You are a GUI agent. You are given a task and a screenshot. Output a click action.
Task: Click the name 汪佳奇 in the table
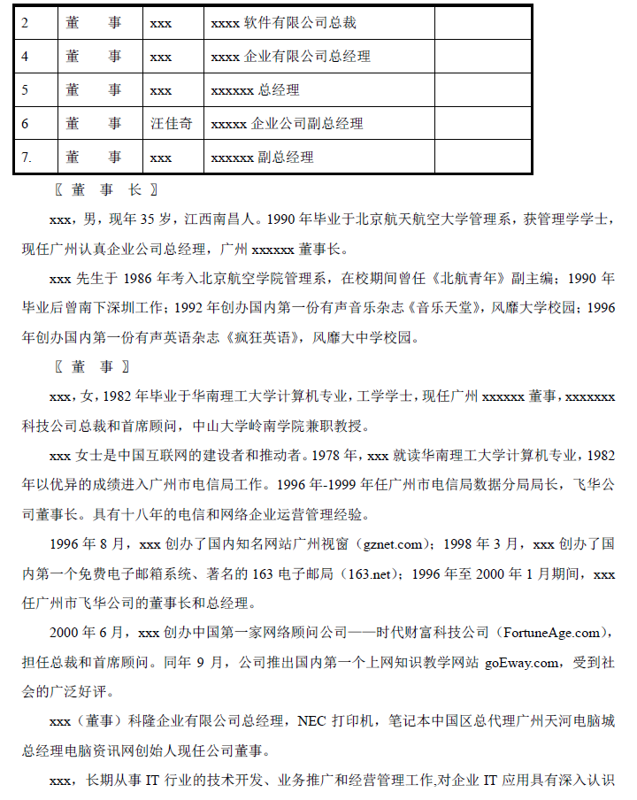coord(172,124)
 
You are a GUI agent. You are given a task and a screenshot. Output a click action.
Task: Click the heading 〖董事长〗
coord(105,189)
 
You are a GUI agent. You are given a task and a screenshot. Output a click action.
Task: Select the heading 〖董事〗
coord(92,366)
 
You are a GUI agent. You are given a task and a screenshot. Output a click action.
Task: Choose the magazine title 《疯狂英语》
coord(264,336)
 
